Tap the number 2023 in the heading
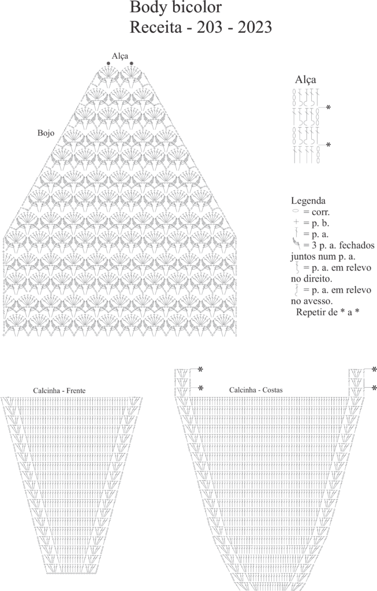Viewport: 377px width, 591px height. coord(255,28)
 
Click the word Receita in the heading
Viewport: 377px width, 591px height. coord(155,28)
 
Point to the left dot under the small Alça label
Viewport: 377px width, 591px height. coord(109,63)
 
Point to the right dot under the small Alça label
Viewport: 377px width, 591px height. coord(131,63)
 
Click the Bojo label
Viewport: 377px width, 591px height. coord(46,133)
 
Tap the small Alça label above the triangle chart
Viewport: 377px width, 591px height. coord(120,56)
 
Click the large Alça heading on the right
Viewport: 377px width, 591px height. coord(305,80)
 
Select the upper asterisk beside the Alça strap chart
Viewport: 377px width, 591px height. coord(329,108)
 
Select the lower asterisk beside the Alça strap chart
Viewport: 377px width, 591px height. coord(329,145)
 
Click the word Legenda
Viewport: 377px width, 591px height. coord(308,201)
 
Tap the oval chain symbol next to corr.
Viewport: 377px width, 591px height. coord(295,212)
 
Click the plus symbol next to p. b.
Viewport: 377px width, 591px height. coord(296,223)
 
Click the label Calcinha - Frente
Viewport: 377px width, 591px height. coord(59,391)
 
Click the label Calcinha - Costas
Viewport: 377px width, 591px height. coord(256,390)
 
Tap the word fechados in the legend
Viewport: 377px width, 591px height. coord(357,246)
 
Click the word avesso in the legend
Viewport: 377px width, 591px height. coord(317,301)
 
